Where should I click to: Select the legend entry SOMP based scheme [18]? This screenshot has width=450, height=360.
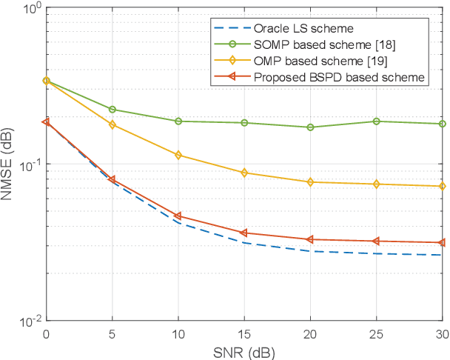307,45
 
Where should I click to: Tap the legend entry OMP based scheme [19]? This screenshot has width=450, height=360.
303,61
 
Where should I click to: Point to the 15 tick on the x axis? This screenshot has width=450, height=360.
244,333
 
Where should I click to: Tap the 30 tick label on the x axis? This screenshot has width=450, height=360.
442,333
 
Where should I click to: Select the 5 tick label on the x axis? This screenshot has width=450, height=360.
113,333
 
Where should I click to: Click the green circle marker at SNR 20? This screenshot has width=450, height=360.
310,127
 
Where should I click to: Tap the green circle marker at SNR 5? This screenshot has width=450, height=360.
113,110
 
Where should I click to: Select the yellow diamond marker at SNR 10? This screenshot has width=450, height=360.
178,155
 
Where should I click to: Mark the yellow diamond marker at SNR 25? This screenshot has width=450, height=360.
376,184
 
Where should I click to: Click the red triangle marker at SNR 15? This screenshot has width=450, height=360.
244,233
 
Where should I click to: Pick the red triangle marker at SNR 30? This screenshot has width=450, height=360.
442,242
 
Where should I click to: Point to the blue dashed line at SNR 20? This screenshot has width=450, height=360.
310,251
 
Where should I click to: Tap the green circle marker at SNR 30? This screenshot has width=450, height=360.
442,124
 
